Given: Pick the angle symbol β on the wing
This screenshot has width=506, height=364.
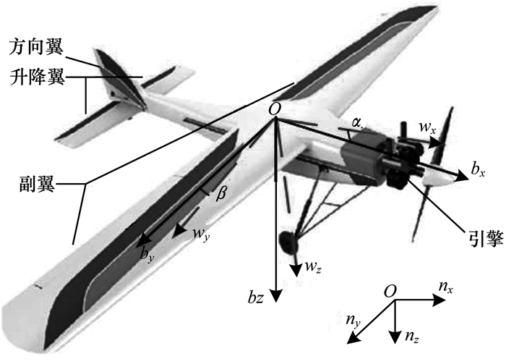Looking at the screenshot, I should coord(223,191).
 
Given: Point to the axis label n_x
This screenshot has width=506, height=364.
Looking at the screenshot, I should coord(446,289).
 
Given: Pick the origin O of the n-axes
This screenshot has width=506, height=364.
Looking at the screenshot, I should coord(390,291).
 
